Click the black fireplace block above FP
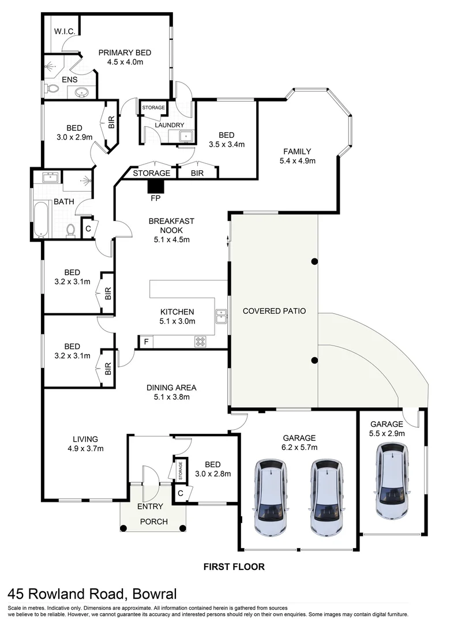click(155, 186)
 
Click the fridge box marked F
click(146, 342)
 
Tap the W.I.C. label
click(63, 32)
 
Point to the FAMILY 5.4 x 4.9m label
click(297, 156)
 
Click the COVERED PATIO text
click(273, 311)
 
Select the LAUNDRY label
click(170, 125)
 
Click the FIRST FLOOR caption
click(234, 566)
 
